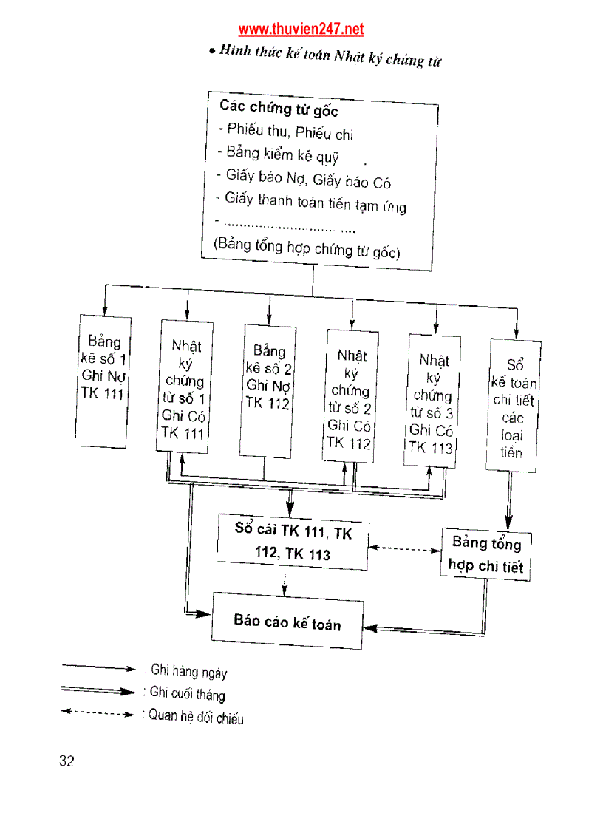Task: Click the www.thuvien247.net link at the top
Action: point(301,30)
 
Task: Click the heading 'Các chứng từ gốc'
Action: point(279,109)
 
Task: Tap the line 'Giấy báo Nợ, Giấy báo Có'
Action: point(308,179)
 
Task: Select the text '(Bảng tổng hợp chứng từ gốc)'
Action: point(307,249)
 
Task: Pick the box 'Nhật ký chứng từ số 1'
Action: point(185,387)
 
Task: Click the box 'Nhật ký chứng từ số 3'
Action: point(433,403)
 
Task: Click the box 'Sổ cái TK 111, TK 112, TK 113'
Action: point(293,542)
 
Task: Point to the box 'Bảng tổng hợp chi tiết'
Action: point(486,555)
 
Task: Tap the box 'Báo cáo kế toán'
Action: point(287,622)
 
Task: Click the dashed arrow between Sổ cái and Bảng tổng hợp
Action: point(404,549)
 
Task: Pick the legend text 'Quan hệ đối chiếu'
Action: point(196,717)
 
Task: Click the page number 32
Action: point(67,762)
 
